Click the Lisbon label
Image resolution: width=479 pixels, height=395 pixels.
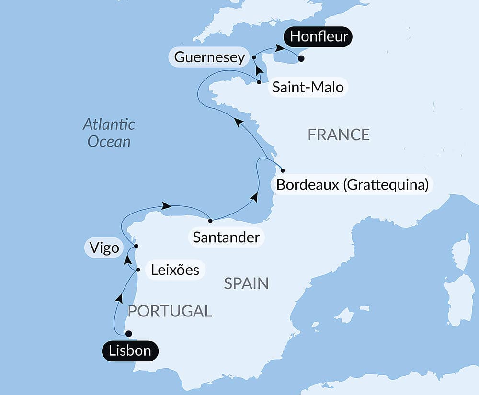click(x=130, y=351)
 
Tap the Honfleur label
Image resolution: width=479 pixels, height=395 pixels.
click(x=319, y=37)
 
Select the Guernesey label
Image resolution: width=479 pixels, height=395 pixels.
click(x=209, y=57)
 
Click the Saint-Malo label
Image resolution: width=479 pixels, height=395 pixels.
click(x=308, y=88)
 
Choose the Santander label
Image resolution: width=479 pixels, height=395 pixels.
click(x=226, y=237)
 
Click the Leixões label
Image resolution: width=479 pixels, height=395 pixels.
click(x=175, y=270)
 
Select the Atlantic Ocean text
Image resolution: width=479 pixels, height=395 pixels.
click(x=109, y=133)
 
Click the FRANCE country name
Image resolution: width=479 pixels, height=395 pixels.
click(x=338, y=135)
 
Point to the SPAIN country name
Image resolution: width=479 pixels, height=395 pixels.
click(x=246, y=284)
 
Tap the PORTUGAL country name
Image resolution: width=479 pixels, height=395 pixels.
click(x=170, y=311)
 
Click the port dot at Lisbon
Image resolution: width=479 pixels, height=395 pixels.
click(x=128, y=334)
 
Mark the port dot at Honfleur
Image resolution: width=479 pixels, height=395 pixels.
click(x=301, y=59)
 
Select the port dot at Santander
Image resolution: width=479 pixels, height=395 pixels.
click(x=210, y=221)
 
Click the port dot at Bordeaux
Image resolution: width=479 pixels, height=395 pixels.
click(x=283, y=170)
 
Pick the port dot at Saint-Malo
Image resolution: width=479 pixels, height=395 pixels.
click(x=259, y=82)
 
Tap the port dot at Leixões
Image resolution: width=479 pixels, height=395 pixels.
click(x=138, y=270)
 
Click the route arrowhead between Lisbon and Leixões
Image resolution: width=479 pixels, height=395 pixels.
click(x=118, y=298)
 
